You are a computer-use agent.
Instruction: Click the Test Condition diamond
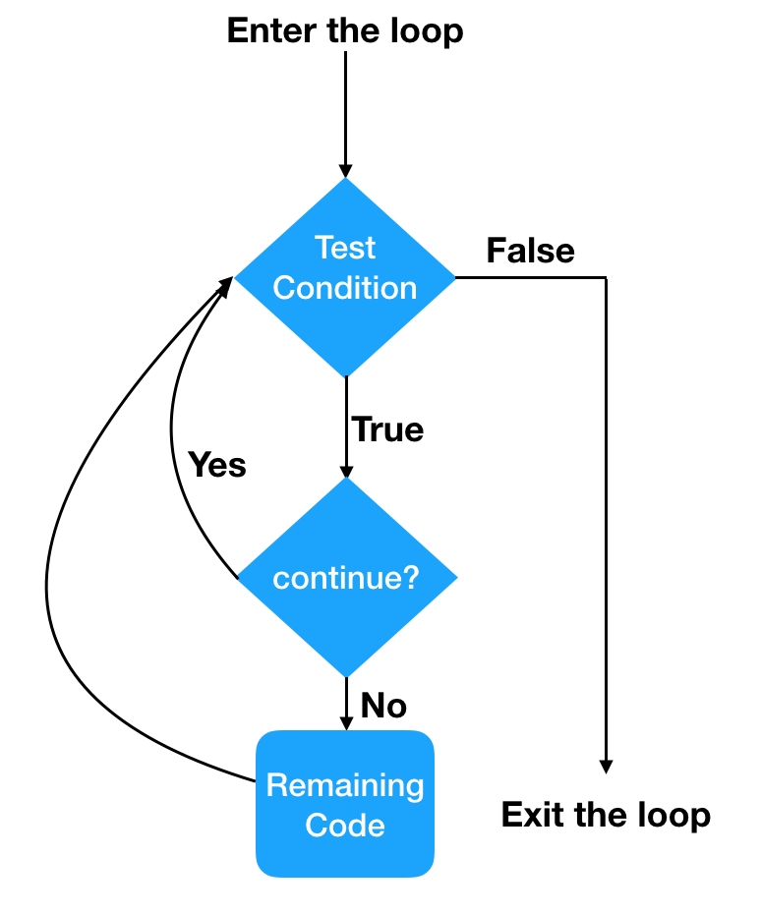pyautogui.click(x=345, y=276)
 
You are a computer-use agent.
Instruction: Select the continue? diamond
pyautogui.click(x=346, y=578)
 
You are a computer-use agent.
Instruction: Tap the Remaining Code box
pyautogui.click(x=345, y=804)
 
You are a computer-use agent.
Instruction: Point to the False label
pyautogui.click(x=530, y=251)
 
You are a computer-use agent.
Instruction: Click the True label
pyautogui.click(x=387, y=429)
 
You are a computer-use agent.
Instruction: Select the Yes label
pyautogui.click(x=216, y=464)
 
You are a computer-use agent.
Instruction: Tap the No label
pyautogui.click(x=383, y=705)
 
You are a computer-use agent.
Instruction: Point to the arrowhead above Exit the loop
pyautogui.click(x=606, y=766)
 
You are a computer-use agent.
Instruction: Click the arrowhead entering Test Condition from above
pyautogui.click(x=345, y=168)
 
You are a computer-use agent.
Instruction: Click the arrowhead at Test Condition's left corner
pyautogui.click(x=226, y=284)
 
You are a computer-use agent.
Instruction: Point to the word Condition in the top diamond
pyautogui.click(x=345, y=288)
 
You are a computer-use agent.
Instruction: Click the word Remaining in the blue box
pyautogui.click(x=345, y=785)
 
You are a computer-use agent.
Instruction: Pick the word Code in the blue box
pyautogui.click(x=345, y=825)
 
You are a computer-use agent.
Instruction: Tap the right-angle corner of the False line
pyautogui.click(x=606, y=278)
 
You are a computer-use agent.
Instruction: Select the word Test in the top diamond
pyautogui.click(x=345, y=247)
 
